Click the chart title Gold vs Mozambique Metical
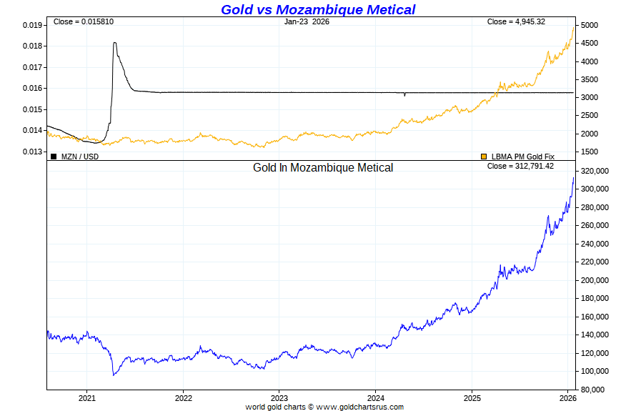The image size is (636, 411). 317,9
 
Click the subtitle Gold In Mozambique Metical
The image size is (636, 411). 323,168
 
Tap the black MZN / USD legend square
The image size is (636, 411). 54,156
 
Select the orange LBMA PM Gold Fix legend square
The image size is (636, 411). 484,156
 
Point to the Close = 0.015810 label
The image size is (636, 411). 83,21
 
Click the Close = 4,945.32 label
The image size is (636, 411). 516,21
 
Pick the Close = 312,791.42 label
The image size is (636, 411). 520,166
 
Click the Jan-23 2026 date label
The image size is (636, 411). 307,21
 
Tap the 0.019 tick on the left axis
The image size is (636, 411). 32,25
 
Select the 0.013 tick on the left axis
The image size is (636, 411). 32,152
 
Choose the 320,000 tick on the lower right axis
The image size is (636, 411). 597,171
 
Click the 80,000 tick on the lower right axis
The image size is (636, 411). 595,390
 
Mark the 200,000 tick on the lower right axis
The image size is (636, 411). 597,280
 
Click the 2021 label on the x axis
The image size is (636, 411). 87,397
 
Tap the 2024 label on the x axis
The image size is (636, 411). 376,397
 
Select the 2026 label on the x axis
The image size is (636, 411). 568,397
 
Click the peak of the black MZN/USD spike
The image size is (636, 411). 115,43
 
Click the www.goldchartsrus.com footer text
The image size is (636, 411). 359,407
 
